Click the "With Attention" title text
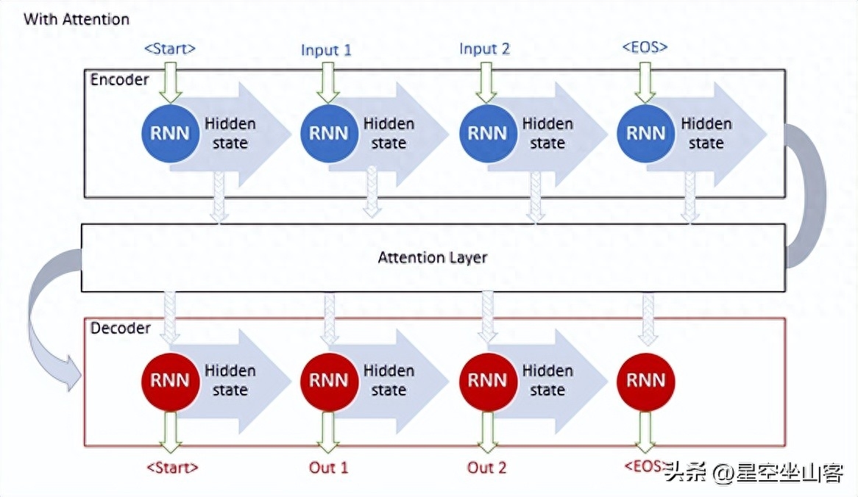(x=77, y=20)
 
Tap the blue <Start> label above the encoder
(x=170, y=49)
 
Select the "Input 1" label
(x=326, y=50)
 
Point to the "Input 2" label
(x=485, y=49)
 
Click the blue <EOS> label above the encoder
(x=645, y=47)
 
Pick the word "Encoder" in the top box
(x=120, y=80)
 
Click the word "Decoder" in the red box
(x=121, y=328)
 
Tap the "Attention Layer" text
(x=432, y=257)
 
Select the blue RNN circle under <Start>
(x=170, y=133)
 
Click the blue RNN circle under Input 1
(x=328, y=133)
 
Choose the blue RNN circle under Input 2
(x=488, y=133)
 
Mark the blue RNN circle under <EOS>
(x=645, y=133)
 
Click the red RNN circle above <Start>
(x=170, y=381)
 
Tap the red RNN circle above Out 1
(x=328, y=381)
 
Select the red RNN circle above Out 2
(x=488, y=381)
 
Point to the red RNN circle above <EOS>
(x=645, y=381)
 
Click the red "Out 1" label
(x=328, y=468)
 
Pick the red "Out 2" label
(x=486, y=468)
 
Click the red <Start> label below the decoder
(x=172, y=468)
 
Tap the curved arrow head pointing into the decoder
(x=73, y=373)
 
